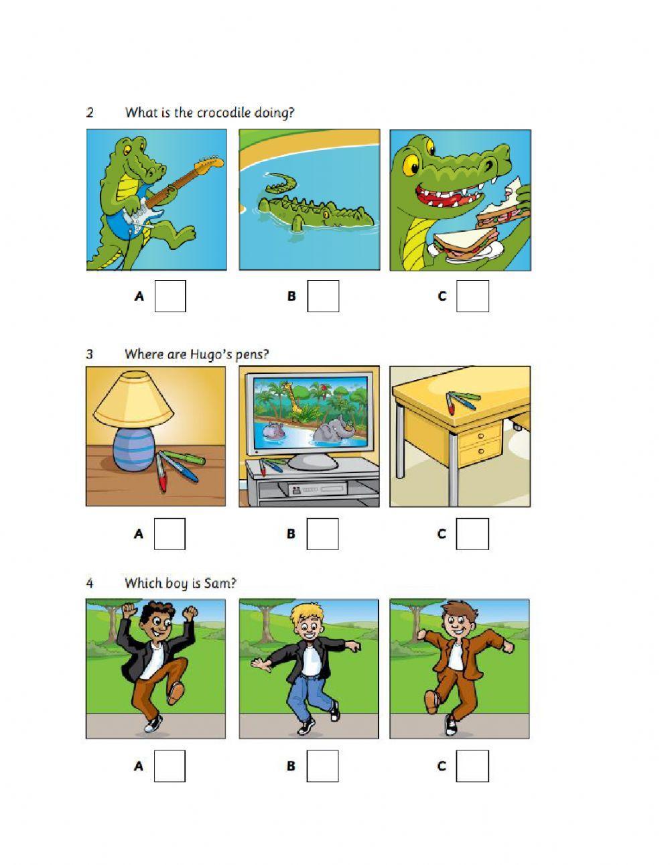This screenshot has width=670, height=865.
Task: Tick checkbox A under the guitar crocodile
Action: click(x=170, y=295)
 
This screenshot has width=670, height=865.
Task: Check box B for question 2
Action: click(x=323, y=295)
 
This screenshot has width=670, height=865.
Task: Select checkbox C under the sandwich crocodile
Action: click(x=472, y=295)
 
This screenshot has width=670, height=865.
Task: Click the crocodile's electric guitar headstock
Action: click(x=211, y=162)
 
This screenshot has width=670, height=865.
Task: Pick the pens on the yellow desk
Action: click(x=463, y=401)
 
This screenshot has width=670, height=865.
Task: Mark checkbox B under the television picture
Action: click(x=322, y=534)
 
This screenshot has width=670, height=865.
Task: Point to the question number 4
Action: click(x=90, y=584)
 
